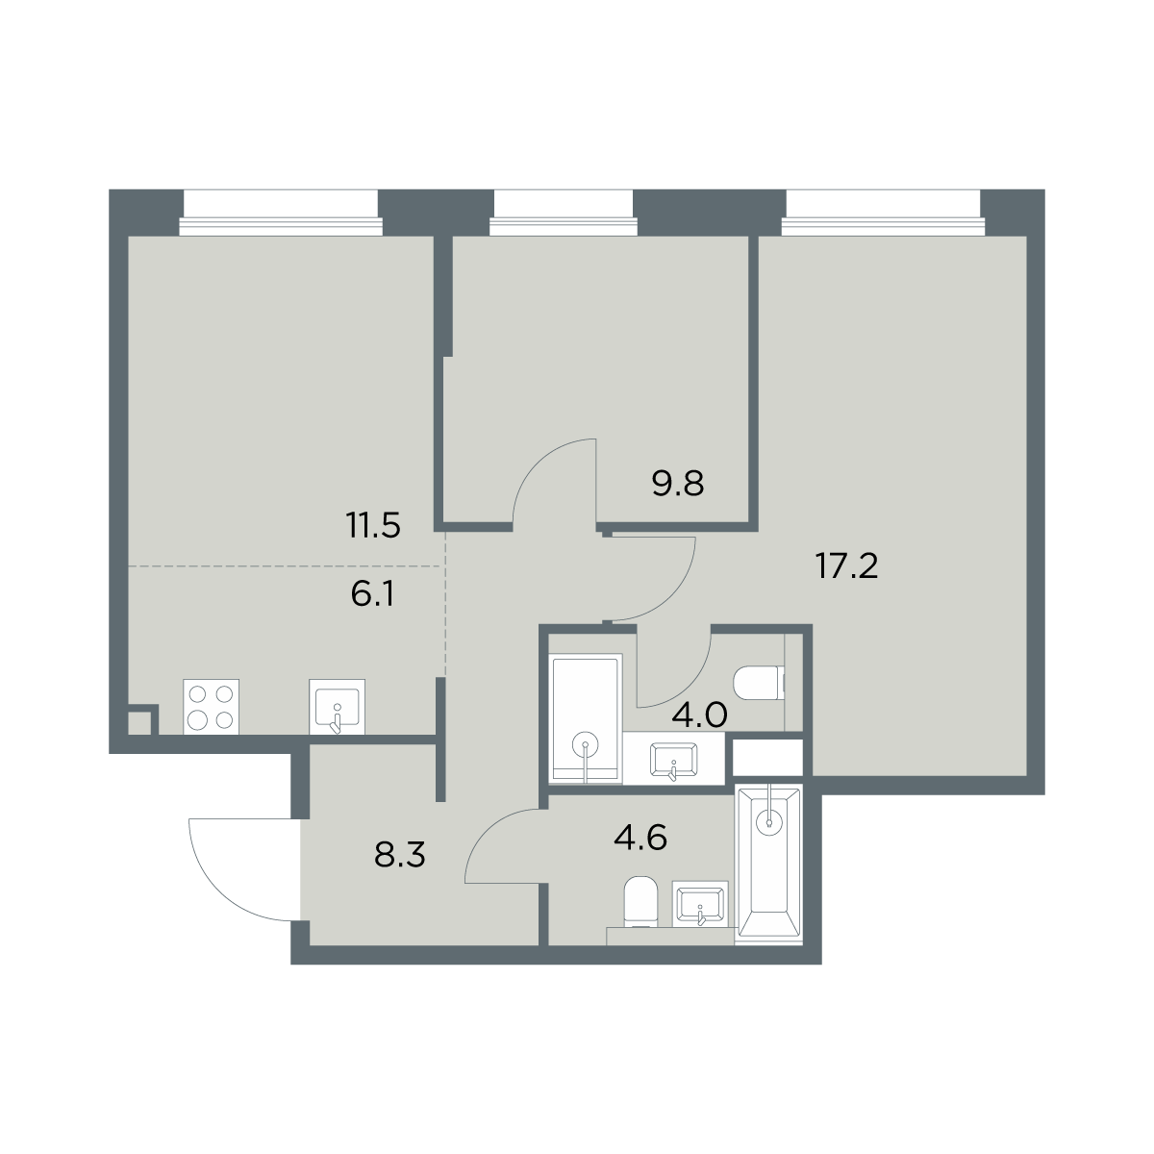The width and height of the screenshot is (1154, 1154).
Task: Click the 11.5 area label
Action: [372, 526]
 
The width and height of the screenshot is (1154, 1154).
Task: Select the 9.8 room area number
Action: [677, 484]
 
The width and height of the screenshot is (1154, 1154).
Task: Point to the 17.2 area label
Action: [847, 566]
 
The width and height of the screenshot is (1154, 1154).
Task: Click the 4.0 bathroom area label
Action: [699, 715]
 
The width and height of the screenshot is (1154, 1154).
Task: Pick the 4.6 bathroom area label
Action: [640, 838]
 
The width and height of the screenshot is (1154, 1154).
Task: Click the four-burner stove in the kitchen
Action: [211, 707]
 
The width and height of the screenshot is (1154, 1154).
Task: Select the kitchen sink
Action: [337, 707]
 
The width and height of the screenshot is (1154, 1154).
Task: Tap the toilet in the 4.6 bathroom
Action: [640, 901]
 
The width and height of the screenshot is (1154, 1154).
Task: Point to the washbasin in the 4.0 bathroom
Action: [674, 761]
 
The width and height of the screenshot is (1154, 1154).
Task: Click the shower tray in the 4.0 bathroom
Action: [586, 718]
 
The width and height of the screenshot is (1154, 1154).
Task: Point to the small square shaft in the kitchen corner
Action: [139, 723]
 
